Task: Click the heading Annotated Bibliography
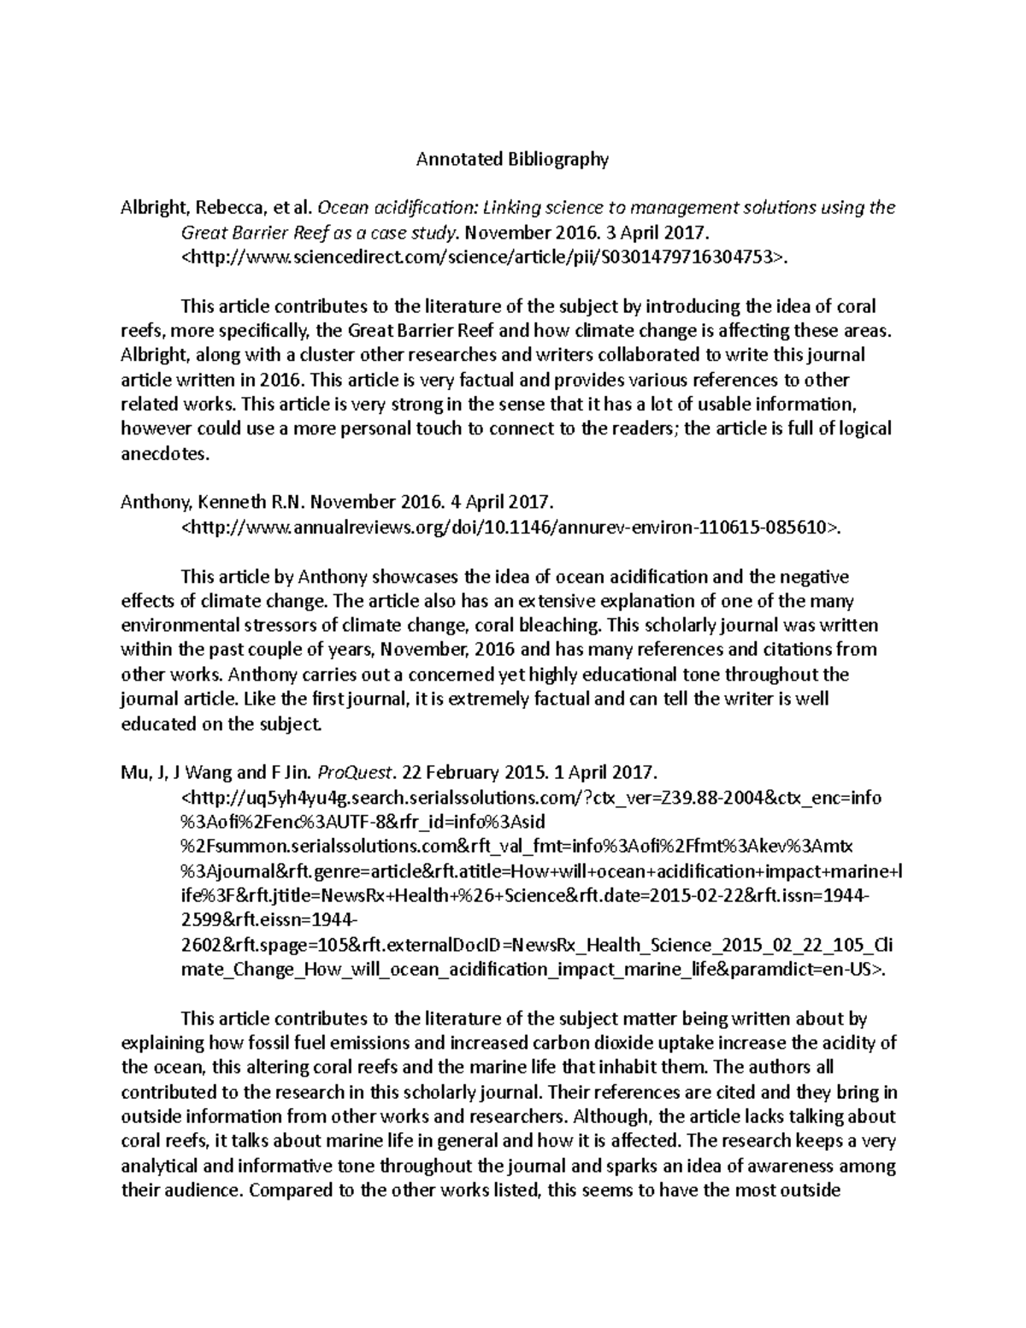tap(512, 159)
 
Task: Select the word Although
tap(612, 1117)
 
